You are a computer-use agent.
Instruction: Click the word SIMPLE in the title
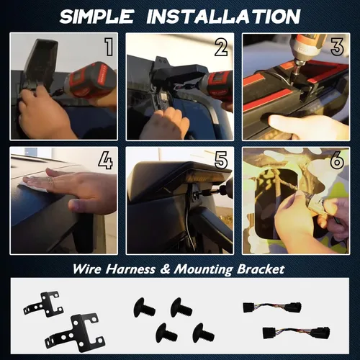click(x=96, y=17)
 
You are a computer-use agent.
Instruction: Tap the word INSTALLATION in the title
click(x=223, y=17)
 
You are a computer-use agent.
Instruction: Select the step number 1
click(x=109, y=47)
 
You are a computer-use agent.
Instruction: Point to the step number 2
click(x=221, y=47)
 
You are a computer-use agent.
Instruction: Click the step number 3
click(x=337, y=47)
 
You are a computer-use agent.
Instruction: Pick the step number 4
click(x=105, y=161)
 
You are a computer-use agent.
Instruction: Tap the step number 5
click(x=221, y=161)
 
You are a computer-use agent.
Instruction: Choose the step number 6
click(x=337, y=161)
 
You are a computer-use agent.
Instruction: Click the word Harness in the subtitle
click(x=131, y=269)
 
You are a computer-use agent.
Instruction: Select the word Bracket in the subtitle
click(x=261, y=269)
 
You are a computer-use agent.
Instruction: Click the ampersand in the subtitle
click(x=165, y=269)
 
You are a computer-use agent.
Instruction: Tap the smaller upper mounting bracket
click(x=44, y=304)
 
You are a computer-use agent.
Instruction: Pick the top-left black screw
click(x=144, y=307)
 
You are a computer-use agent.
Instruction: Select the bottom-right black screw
click(x=204, y=333)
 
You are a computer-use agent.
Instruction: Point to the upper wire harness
click(x=272, y=307)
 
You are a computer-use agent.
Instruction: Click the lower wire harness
click(x=296, y=333)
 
